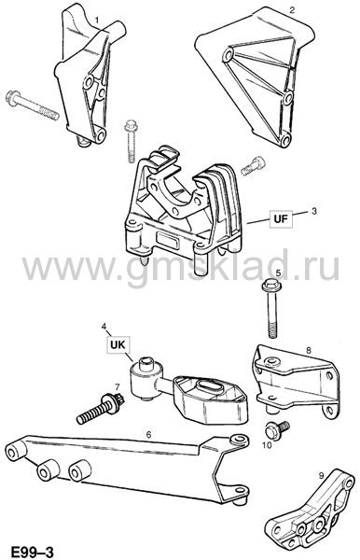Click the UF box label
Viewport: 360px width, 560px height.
click(x=281, y=218)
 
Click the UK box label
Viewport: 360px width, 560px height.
click(x=118, y=344)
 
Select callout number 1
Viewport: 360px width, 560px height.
click(x=96, y=19)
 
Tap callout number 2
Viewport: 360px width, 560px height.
click(x=292, y=9)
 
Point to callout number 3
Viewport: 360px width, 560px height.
click(x=314, y=211)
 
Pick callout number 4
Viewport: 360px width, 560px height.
click(x=104, y=326)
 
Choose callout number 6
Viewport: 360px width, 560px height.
click(x=148, y=434)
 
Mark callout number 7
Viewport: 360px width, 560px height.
click(x=117, y=386)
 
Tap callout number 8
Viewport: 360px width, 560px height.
click(x=309, y=350)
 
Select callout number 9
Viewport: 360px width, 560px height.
click(x=321, y=475)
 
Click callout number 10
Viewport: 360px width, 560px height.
click(x=268, y=444)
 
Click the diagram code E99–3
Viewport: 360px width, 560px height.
click(x=32, y=552)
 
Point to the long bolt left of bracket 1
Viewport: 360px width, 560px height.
click(x=32, y=105)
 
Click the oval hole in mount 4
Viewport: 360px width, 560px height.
click(x=207, y=386)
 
